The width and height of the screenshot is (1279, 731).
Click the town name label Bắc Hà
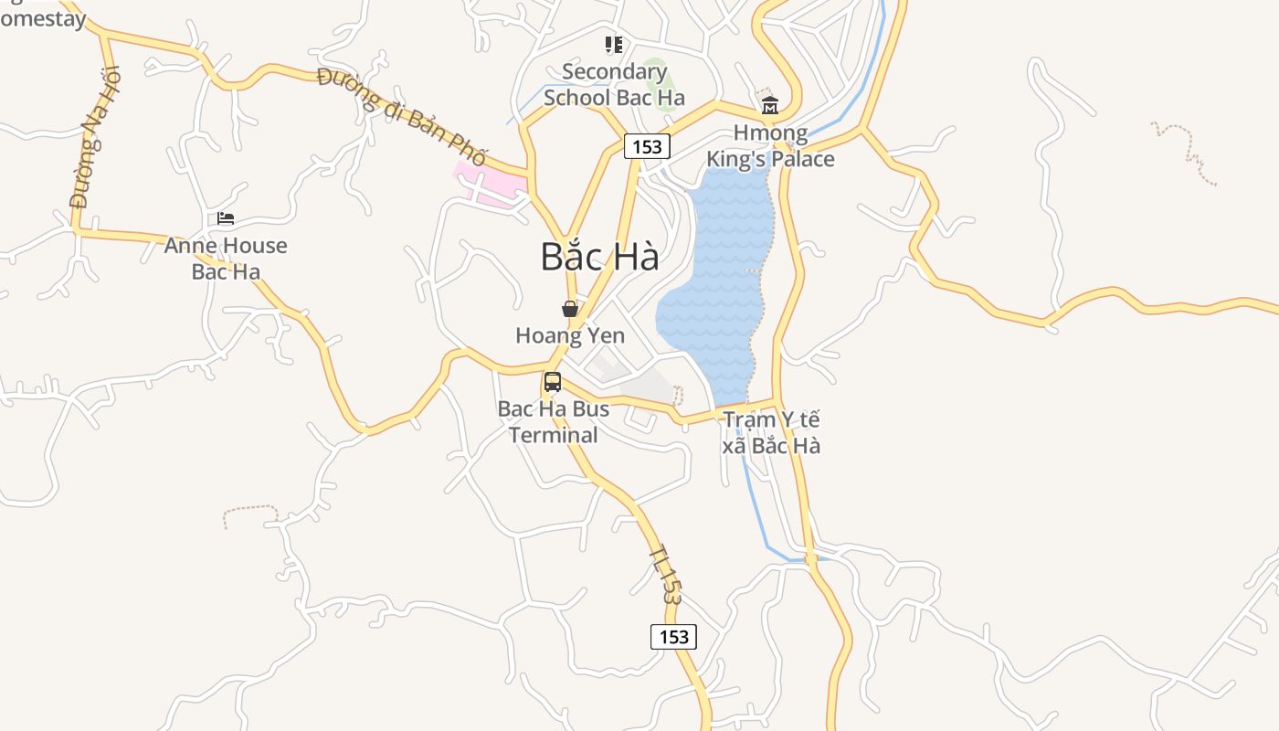point(599,257)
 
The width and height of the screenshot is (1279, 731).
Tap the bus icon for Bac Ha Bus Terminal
point(553,382)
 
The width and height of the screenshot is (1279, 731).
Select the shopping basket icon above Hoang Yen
point(570,309)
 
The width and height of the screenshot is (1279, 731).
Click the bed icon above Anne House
point(226,218)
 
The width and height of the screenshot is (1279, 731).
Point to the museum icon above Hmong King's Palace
point(769,105)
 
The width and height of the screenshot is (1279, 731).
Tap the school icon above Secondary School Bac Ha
point(614,44)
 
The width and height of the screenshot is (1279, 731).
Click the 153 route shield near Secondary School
point(648,146)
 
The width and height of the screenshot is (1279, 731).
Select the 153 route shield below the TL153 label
point(673,637)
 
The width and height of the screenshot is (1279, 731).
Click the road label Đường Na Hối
point(95,137)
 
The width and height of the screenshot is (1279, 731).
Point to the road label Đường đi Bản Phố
point(402,116)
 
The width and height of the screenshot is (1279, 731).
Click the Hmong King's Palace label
point(770,146)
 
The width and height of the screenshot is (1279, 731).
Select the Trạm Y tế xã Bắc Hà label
point(772,433)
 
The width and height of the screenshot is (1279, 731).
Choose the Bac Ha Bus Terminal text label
point(554,421)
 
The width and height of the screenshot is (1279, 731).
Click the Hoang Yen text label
point(570,335)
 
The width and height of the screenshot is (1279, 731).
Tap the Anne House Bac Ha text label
point(226,259)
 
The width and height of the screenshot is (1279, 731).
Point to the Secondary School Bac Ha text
point(614,84)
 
